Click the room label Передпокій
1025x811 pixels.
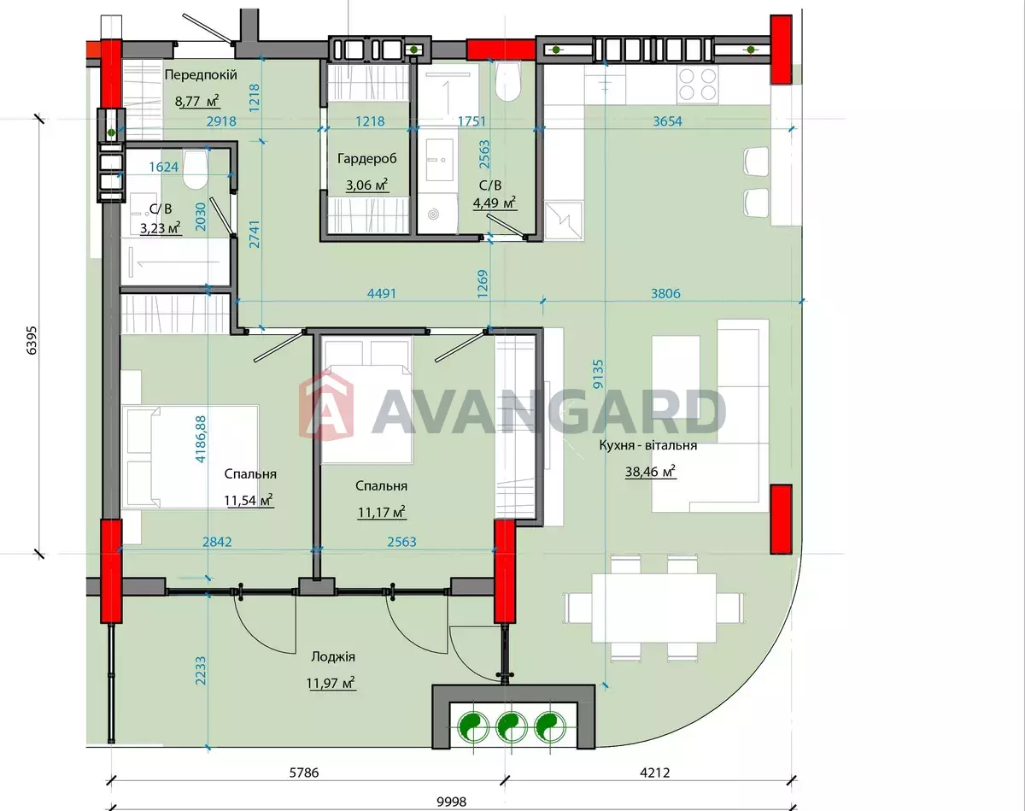pyautogui.click(x=201, y=75)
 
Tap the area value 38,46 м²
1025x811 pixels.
pyautogui.click(x=650, y=471)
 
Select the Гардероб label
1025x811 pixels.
pyautogui.click(x=366, y=159)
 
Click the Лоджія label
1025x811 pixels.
pyautogui.click(x=333, y=657)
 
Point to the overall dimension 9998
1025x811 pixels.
pyautogui.click(x=452, y=802)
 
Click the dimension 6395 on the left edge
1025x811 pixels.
pyautogui.click(x=32, y=340)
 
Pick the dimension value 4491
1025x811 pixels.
pyautogui.click(x=382, y=293)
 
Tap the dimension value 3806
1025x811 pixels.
pyautogui.click(x=665, y=293)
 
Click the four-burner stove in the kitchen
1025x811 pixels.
pyautogui.click(x=698, y=84)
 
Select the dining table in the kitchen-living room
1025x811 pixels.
pyautogui.click(x=654, y=608)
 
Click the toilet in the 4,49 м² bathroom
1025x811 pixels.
pyautogui.click(x=507, y=81)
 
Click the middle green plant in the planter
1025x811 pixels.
pyautogui.click(x=511, y=727)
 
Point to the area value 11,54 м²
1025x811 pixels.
pyautogui.click(x=249, y=500)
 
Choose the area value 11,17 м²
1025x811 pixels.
pyautogui.click(x=382, y=512)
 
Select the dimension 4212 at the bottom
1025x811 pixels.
pyautogui.click(x=654, y=773)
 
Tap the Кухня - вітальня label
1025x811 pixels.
pyautogui.click(x=647, y=445)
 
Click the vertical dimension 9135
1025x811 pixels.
pyautogui.click(x=598, y=374)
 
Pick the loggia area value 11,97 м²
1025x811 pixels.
pyautogui.click(x=331, y=683)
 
